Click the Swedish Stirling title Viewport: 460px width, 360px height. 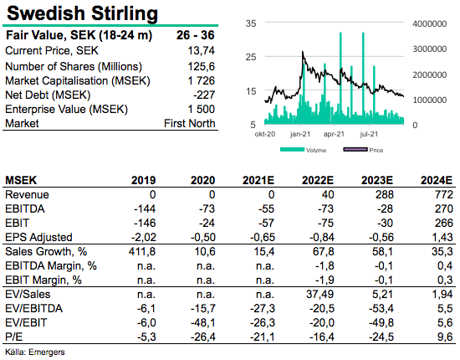tap(83, 13)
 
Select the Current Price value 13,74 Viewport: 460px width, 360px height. tap(202, 51)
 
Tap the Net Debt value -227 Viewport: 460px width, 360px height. tap(204, 95)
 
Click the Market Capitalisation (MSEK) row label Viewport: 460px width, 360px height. tap(78, 80)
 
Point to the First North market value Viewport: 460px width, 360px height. tap(190, 123)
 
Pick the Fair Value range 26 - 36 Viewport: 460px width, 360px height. tap(196, 35)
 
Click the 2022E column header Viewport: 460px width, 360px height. tap(318, 180)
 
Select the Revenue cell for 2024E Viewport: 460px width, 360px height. tap(444, 194)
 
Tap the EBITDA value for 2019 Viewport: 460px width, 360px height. tap(145, 208)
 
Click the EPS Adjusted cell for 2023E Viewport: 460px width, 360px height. tap(381, 237)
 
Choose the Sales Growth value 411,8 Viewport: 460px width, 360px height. tap(142, 252)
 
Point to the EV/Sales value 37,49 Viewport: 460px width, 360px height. tap(320, 294)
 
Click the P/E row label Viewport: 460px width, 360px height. tap(13, 337)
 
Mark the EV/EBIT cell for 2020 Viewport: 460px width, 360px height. tap(203, 322)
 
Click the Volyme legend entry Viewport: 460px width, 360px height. tap(303, 150)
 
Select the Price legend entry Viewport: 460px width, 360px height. tap(363, 150)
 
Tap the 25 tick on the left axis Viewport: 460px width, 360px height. tap(251, 57)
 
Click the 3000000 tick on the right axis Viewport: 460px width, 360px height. tap(430, 49)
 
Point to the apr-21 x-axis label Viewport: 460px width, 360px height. tap(334, 134)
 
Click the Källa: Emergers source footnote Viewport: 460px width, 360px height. tap(35, 352)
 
